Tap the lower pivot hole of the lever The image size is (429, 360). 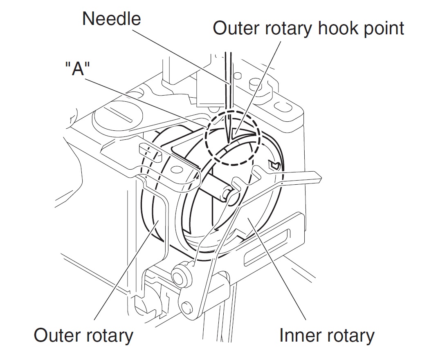187,306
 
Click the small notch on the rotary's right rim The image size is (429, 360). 274,165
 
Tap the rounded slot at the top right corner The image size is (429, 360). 282,107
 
